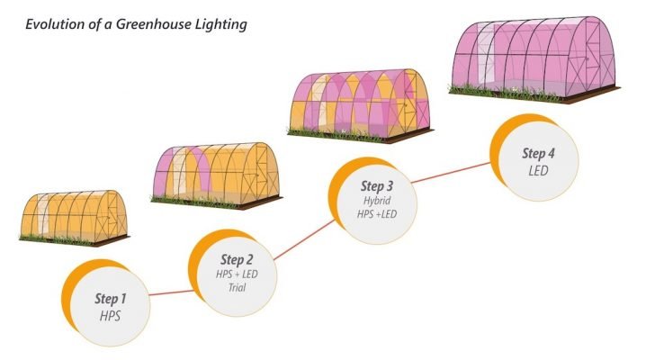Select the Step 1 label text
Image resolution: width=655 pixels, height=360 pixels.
pos(112,298)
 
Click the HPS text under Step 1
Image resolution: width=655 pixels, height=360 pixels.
pos(110,316)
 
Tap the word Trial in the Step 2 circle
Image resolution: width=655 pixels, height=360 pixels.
pos(236,288)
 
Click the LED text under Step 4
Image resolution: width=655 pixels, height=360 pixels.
pos(539,170)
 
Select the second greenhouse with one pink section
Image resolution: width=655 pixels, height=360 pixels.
pos(216,171)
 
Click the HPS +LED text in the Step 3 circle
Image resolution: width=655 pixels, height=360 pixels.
pos(376,215)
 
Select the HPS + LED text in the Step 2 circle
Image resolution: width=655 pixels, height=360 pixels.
pos(237,274)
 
